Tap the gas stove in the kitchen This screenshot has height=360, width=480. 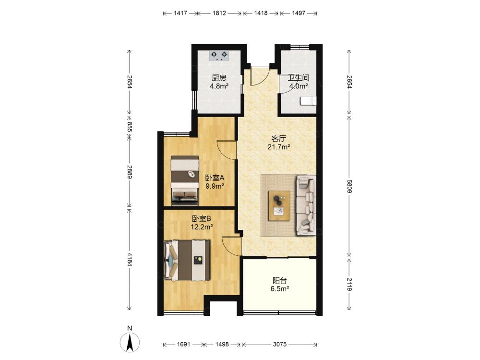pos(219,55)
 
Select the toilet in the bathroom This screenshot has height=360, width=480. pos(308,101)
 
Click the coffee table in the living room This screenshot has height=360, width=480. pos(279,205)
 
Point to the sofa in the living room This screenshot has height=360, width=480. pos(306,205)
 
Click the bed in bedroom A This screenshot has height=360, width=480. pos(185,180)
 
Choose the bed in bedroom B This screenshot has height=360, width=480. pos(187,260)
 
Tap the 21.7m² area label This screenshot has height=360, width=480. pos(278,147)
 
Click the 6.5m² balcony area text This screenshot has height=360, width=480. pos(280,288)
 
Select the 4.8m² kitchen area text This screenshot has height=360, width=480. pos(219,86)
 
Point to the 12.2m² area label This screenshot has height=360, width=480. pos(202,227)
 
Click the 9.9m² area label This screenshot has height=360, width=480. pos(215,186)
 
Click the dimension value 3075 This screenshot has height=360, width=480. pos(279,344)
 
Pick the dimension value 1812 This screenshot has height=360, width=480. pos(219,13)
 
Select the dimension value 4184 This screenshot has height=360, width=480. pos(129,259)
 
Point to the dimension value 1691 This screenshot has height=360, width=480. pos(183,344)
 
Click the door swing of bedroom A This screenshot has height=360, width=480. pos(227,150)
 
